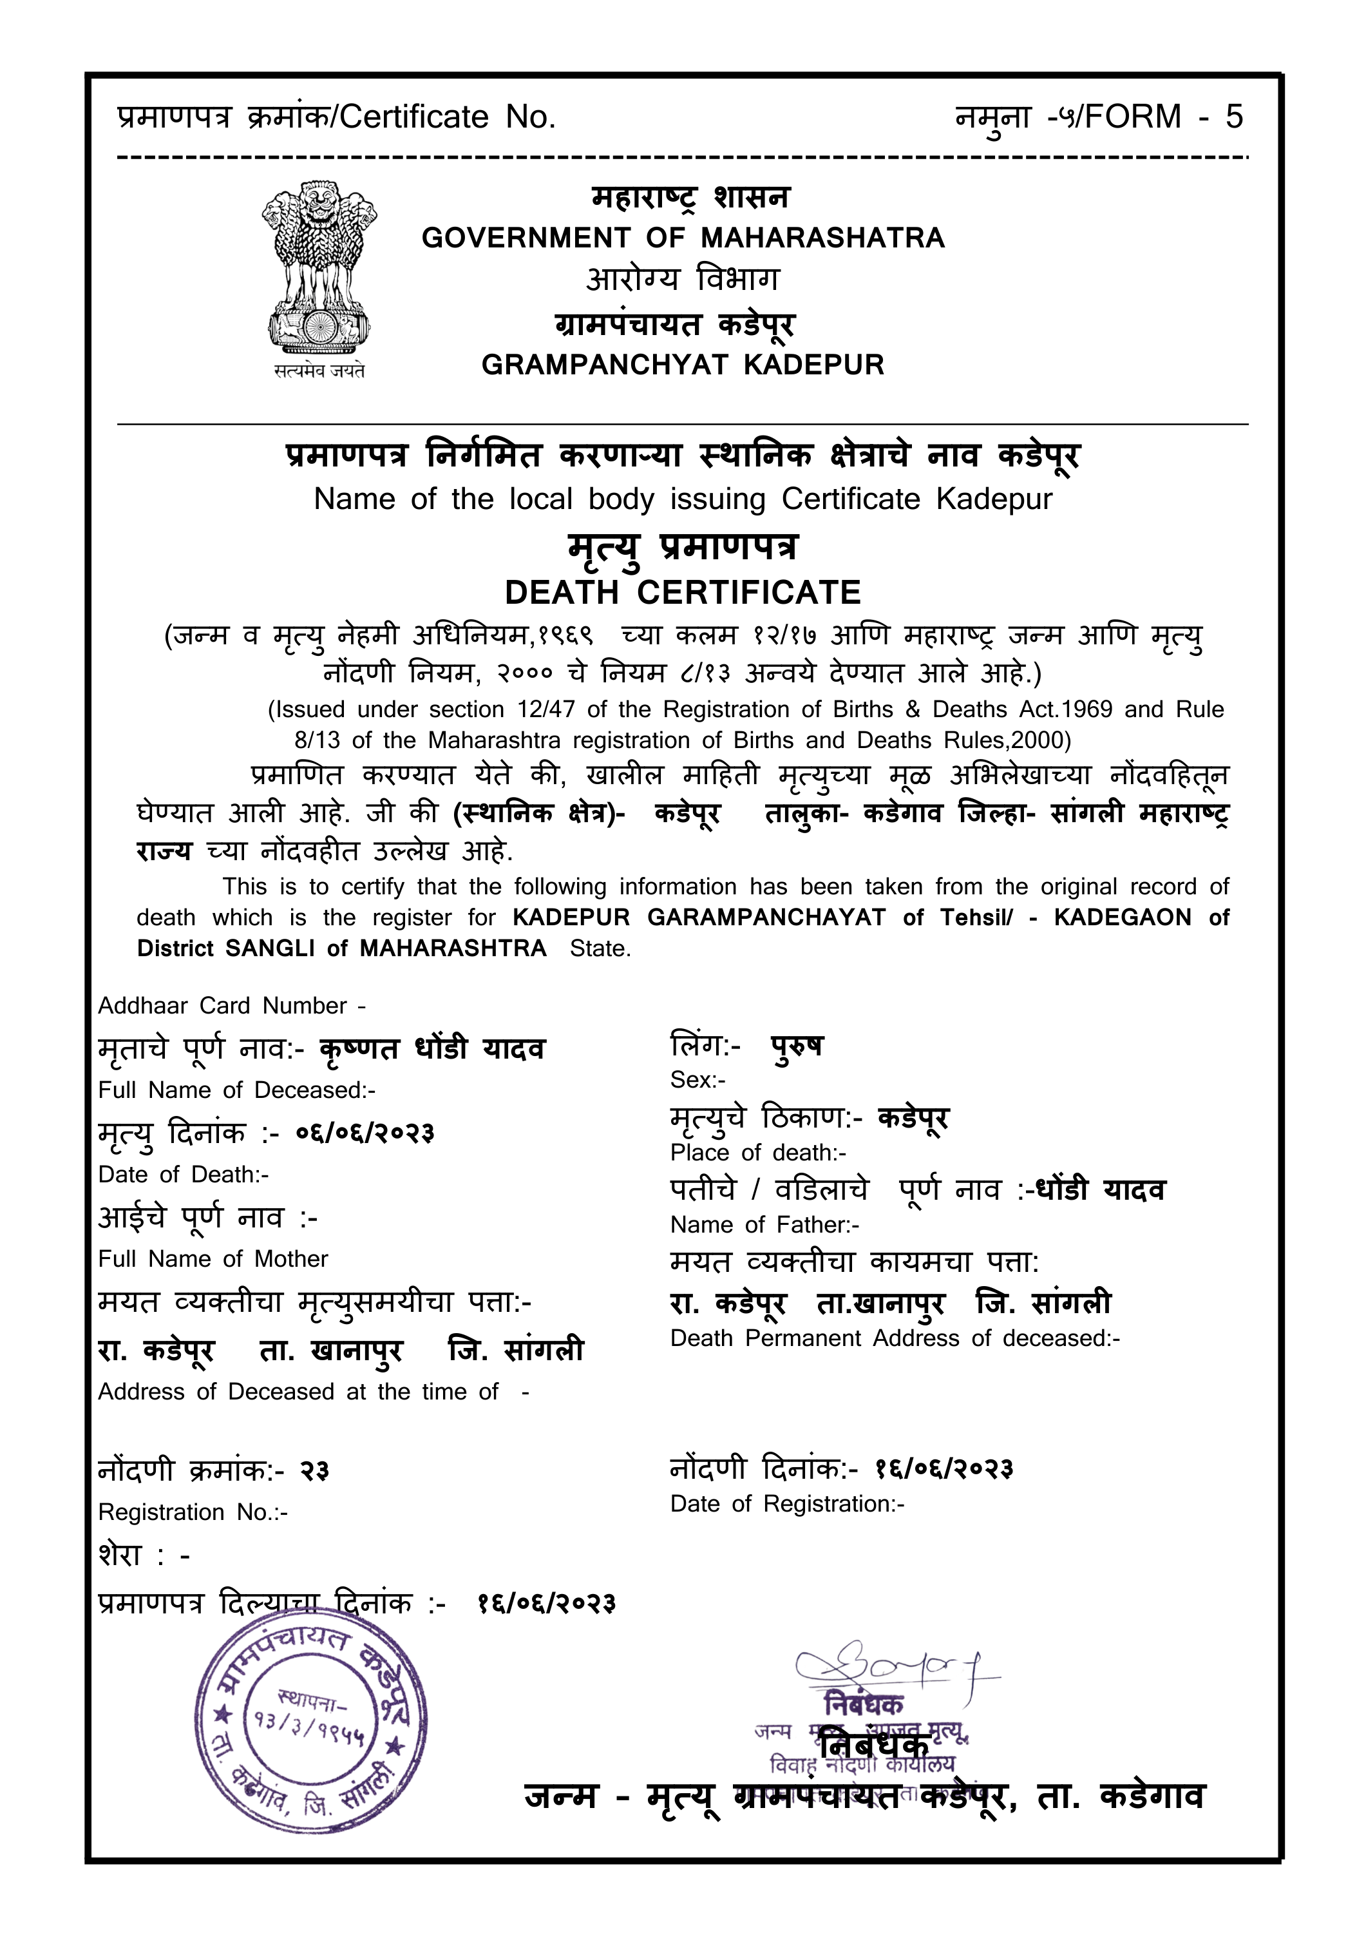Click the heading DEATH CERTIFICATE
click(683, 593)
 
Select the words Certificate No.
click(448, 117)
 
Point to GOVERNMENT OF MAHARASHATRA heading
click(683, 238)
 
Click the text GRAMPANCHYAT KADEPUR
click(683, 365)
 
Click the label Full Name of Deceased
click(236, 1090)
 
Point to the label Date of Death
click(183, 1175)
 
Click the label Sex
click(697, 1079)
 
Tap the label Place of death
click(757, 1153)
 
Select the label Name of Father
click(764, 1225)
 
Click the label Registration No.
click(193, 1512)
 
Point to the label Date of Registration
click(787, 1504)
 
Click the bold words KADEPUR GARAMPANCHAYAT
click(699, 918)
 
